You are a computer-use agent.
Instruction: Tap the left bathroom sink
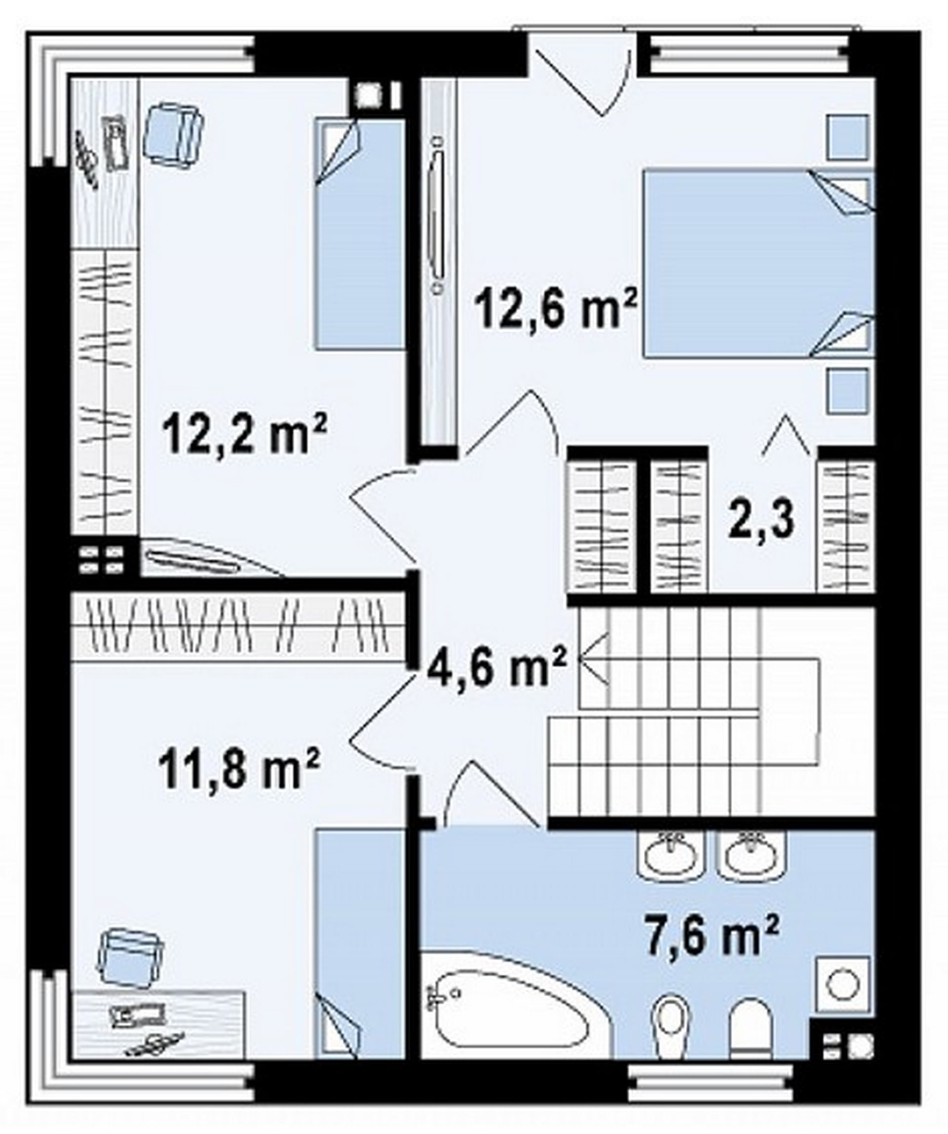[x=671, y=853]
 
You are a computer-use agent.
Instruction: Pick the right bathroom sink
[x=751, y=853]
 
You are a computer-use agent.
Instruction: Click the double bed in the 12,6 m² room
[x=758, y=263]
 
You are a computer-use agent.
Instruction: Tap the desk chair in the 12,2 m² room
[x=173, y=133]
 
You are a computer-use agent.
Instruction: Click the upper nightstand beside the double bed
[x=849, y=138]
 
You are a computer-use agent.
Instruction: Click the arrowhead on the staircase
[x=593, y=660]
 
